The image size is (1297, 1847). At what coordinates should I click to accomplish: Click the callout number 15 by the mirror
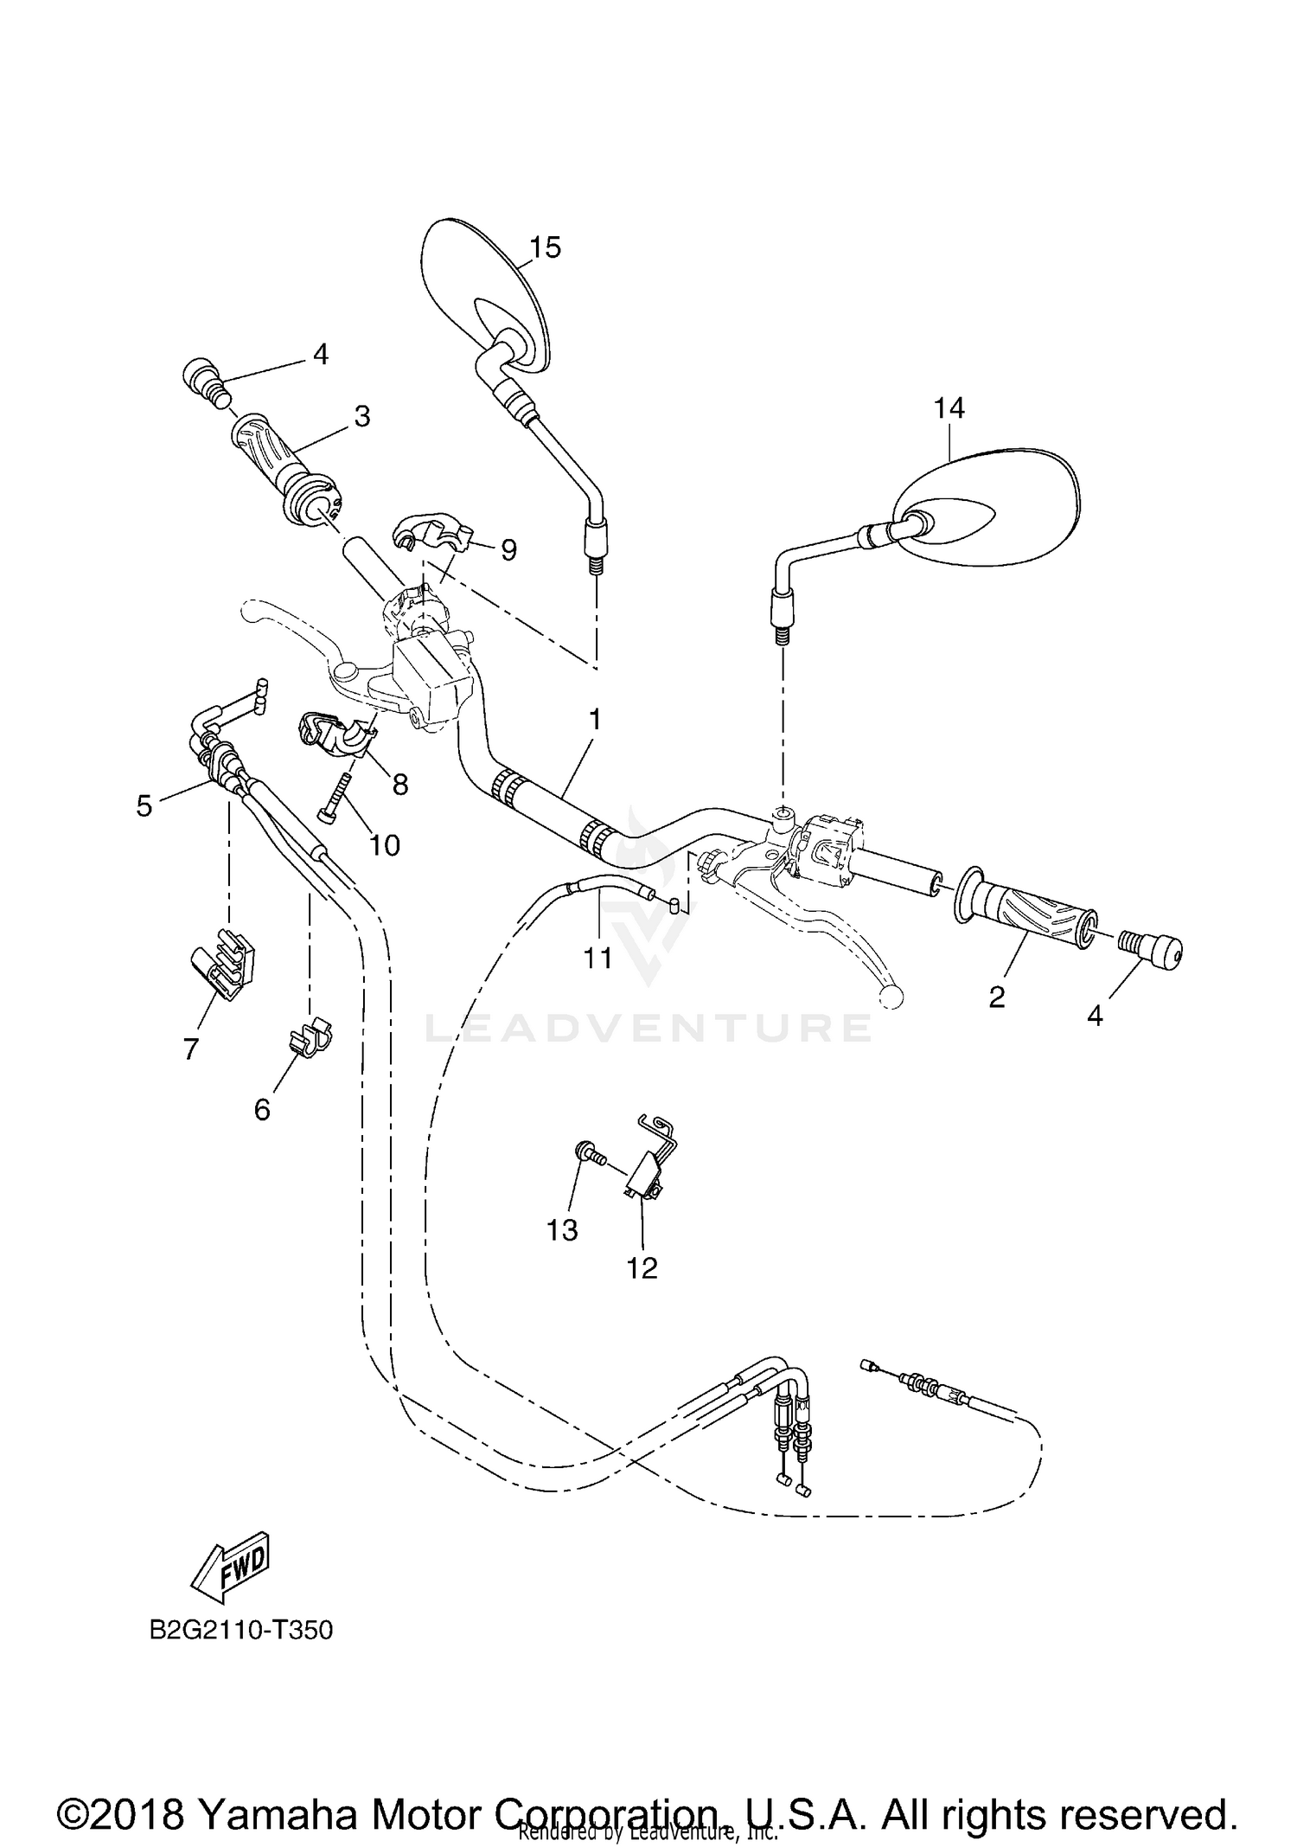click(546, 247)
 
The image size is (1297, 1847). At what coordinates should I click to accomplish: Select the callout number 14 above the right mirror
click(949, 407)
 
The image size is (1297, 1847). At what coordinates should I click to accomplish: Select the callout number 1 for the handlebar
click(594, 720)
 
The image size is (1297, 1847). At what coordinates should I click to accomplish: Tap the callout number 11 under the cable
click(597, 958)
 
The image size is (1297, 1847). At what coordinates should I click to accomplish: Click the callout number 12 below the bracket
click(642, 1268)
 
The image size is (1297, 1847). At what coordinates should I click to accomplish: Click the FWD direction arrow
click(231, 1567)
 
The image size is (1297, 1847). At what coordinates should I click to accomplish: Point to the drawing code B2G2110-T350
click(241, 1631)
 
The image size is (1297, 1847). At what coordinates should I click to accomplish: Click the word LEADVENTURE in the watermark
click(648, 1028)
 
